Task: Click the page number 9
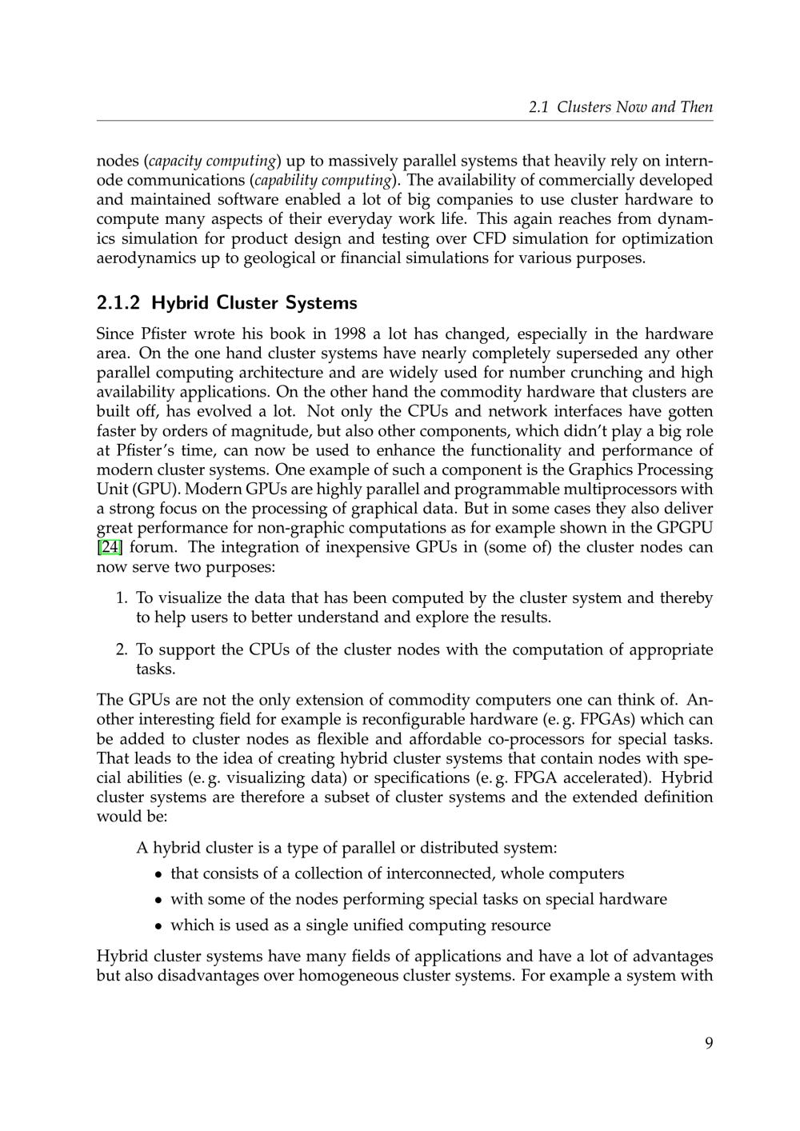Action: pyautogui.click(x=709, y=1042)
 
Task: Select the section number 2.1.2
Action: pyautogui.click(x=118, y=303)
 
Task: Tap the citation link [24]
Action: pyautogui.click(x=110, y=548)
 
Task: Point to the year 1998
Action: pyautogui.click(x=350, y=334)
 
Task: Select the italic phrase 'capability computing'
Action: pyautogui.click(x=323, y=180)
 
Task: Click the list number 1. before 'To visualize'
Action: pyautogui.click(x=122, y=598)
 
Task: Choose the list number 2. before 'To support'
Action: pyautogui.click(x=122, y=649)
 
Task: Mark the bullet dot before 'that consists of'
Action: pyautogui.click(x=159, y=874)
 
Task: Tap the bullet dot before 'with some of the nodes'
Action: pyautogui.click(x=159, y=900)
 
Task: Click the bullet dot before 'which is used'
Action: pyautogui.click(x=159, y=926)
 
